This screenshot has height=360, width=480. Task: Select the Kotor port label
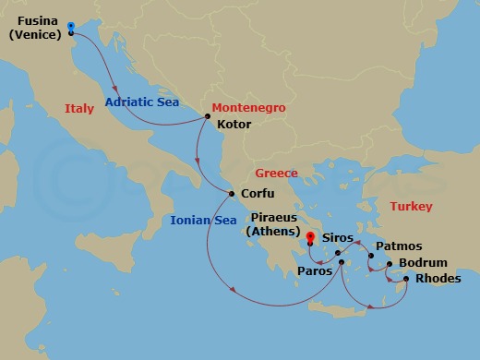234,122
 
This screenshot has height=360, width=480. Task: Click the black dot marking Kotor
207,116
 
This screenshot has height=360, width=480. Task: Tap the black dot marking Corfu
232,193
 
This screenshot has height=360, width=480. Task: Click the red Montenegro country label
248,108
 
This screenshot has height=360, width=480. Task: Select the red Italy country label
79,109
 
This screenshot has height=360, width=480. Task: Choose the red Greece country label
276,173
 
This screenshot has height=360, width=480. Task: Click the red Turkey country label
411,206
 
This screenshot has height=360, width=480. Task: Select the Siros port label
337,237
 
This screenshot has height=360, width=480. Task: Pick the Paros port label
314,271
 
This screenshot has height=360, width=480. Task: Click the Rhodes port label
438,278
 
